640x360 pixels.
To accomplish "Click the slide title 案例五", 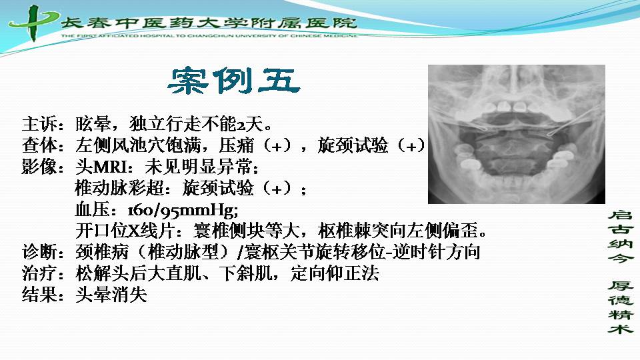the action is click(234, 81).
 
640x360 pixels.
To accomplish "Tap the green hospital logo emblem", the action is click(33, 23).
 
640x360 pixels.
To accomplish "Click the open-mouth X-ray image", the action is click(516, 134).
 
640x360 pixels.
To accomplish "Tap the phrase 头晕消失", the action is click(111, 294).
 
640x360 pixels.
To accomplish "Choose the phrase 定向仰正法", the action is click(335, 273).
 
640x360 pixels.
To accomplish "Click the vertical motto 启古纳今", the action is click(621, 236).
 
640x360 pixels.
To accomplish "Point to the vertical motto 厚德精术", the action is click(621, 307).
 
